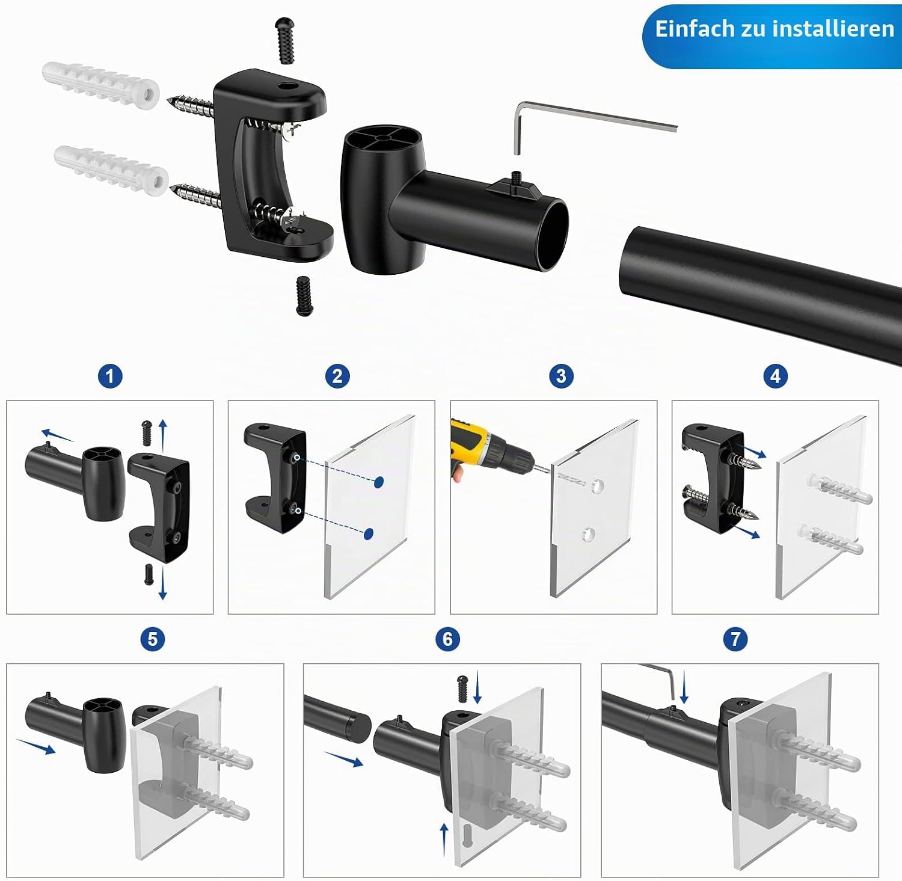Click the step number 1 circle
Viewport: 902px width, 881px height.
click(x=110, y=377)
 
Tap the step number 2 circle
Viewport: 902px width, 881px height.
click(x=337, y=376)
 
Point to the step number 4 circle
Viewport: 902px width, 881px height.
click(x=775, y=376)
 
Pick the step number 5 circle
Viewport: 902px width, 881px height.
click(x=152, y=639)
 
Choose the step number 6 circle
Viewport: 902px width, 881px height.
click(x=447, y=639)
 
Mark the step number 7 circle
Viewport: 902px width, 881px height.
click(x=735, y=639)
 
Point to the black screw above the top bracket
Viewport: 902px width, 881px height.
click(x=286, y=40)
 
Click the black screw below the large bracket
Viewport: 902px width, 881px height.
click(x=304, y=296)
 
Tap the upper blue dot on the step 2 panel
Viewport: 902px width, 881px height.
click(x=379, y=482)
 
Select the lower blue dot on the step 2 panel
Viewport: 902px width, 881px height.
click(x=369, y=533)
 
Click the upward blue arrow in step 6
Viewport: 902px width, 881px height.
click(x=444, y=838)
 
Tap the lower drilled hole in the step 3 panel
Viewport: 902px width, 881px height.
click(x=589, y=533)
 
